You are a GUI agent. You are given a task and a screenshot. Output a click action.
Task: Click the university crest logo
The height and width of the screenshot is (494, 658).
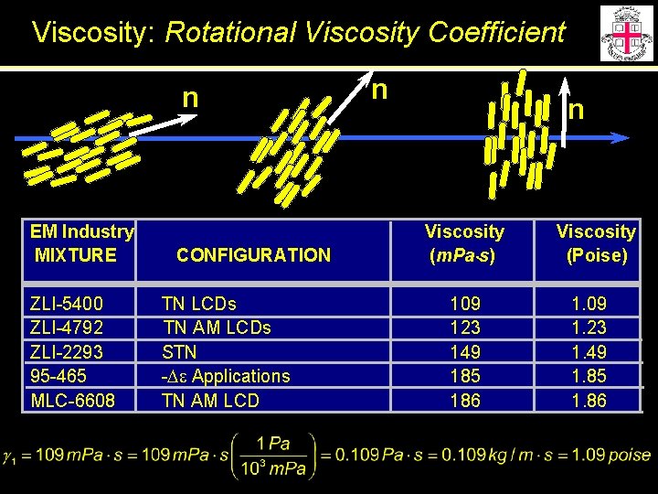[626, 33]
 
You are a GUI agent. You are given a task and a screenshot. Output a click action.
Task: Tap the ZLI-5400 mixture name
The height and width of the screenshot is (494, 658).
[67, 304]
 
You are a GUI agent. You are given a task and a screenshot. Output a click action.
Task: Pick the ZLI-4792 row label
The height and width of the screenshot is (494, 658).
[67, 328]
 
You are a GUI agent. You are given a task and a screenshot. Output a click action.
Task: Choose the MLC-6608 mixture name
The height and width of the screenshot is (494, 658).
[73, 400]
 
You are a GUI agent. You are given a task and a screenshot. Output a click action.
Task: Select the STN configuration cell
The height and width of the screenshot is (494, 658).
[179, 351]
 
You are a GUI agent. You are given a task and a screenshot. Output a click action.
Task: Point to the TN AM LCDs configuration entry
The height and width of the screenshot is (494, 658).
[216, 328]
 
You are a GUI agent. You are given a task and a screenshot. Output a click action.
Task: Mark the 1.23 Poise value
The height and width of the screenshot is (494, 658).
[589, 328]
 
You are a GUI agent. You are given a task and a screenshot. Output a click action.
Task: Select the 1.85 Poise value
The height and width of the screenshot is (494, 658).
[589, 376]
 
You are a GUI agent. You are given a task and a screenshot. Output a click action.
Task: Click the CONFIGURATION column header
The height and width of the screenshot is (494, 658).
[253, 255]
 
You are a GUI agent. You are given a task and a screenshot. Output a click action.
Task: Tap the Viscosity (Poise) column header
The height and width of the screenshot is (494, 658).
[596, 243]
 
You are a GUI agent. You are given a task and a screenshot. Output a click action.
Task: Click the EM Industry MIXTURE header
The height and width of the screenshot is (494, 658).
[80, 243]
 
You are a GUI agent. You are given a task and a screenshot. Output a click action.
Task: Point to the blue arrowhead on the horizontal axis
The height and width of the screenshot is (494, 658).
[621, 138]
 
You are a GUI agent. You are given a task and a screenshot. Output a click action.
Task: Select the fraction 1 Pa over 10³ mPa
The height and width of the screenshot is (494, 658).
[272, 456]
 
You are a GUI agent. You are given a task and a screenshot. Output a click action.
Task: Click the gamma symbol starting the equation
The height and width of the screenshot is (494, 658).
[10, 456]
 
